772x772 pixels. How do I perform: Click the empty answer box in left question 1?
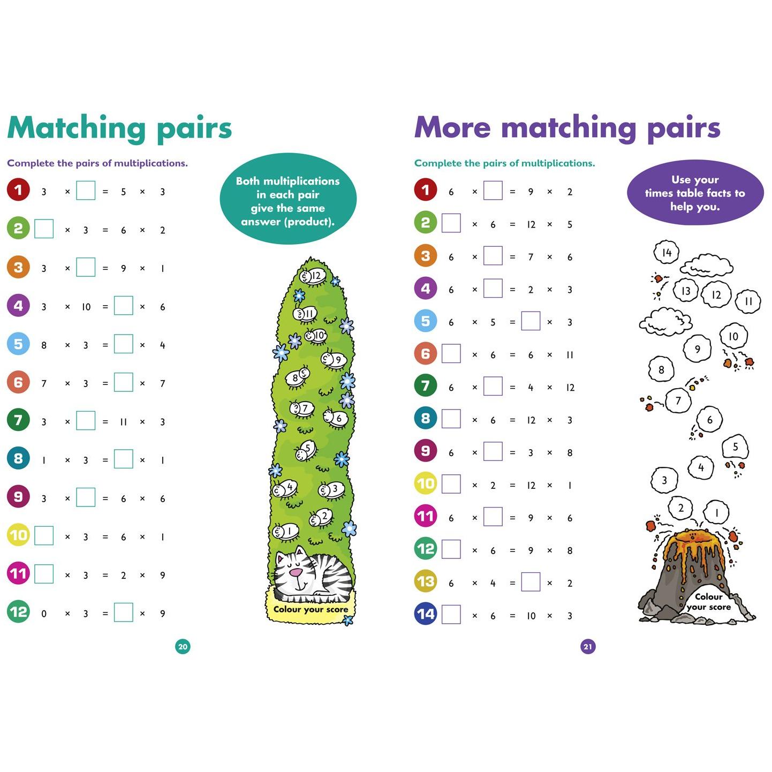(86, 190)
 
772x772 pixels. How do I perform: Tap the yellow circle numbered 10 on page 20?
(18, 535)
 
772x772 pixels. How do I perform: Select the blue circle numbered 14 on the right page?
(426, 614)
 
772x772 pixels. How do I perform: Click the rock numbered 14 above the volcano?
(666, 252)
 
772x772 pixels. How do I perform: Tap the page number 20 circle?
(183, 647)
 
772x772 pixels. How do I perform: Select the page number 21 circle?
(588, 647)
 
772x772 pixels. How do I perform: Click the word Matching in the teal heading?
(77, 128)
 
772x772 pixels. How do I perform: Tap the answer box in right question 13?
(531, 582)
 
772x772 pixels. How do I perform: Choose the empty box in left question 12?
(123, 612)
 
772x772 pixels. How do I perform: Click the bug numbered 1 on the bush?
(285, 532)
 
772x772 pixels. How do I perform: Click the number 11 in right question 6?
(570, 355)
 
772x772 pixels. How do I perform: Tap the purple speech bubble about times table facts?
(695, 193)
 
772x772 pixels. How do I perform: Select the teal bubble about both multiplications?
(287, 199)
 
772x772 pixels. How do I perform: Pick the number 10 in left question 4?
(86, 307)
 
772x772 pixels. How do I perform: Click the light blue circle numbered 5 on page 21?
(426, 321)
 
